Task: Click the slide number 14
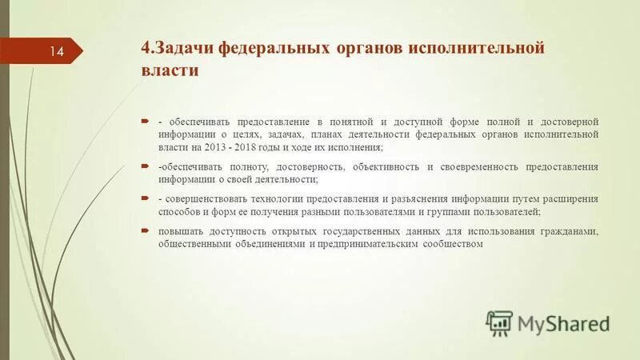pos(57,52)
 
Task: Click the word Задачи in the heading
pos(185,48)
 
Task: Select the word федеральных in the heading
pos(275,48)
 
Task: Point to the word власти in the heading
pos(170,70)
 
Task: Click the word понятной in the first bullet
pos(359,121)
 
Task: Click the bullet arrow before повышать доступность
pos(145,230)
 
